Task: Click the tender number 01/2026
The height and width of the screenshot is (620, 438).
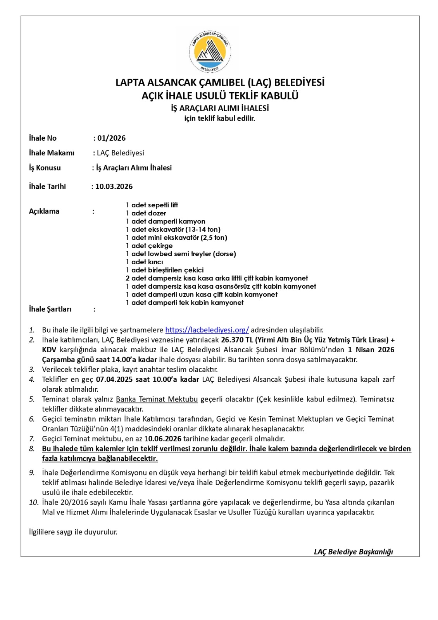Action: click(x=111, y=138)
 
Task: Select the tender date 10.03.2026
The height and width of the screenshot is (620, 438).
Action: click(x=114, y=187)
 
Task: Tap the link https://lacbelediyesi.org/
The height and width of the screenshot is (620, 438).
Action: click(x=207, y=330)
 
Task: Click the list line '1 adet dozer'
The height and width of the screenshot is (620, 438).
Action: click(x=146, y=214)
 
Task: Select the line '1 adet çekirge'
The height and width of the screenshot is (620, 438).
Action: click(x=149, y=246)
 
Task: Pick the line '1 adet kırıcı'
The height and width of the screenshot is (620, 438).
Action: click(x=144, y=262)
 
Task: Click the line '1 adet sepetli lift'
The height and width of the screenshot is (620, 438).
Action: click(x=152, y=205)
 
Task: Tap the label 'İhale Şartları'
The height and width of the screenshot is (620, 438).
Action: click(x=50, y=309)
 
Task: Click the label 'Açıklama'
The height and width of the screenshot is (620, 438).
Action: click(x=44, y=212)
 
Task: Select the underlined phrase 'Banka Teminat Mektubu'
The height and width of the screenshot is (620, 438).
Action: click(x=157, y=400)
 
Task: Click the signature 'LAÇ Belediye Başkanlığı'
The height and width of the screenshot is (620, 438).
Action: click(x=353, y=552)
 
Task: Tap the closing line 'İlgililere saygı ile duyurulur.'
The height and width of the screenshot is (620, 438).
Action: click(x=73, y=532)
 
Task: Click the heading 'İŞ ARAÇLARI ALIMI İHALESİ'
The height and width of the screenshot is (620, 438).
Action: click(x=220, y=108)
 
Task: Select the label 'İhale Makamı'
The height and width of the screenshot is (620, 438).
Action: click(x=52, y=153)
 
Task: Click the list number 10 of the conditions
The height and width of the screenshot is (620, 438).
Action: click(x=34, y=503)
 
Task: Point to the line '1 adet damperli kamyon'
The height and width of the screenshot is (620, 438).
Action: click(x=166, y=222)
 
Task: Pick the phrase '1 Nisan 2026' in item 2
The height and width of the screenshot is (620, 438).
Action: click(x=371, y=350)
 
